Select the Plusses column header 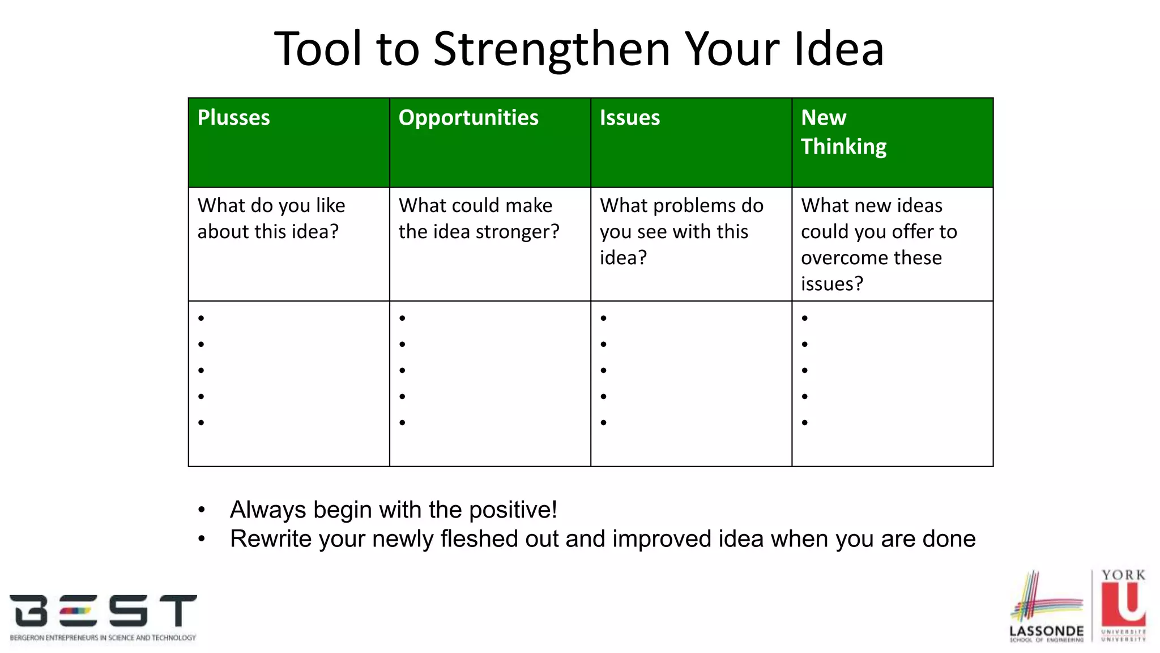233,118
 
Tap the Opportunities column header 468,118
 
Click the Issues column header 629,118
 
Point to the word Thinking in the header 843,147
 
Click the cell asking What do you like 271,218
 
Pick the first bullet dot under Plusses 201,318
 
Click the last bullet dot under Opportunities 402,422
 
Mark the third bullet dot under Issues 603,370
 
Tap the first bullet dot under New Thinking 804,318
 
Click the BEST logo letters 103,611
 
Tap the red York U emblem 1123,604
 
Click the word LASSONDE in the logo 1046,631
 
